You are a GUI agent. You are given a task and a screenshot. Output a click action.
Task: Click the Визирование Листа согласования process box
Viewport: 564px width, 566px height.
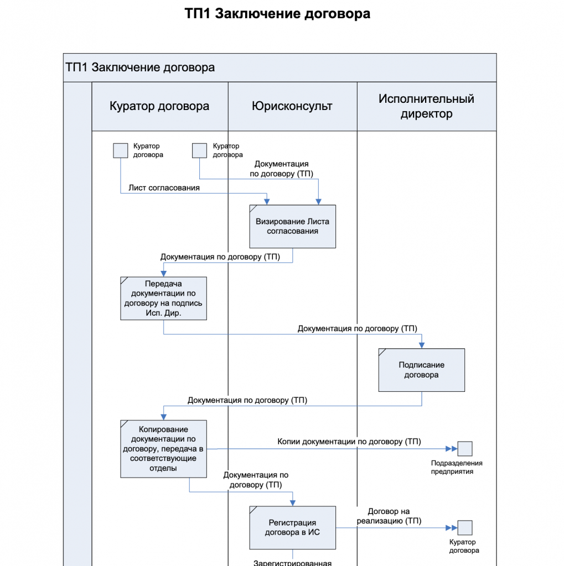(292, 226)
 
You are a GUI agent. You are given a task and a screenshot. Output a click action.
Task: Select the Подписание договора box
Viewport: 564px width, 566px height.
(421, 370)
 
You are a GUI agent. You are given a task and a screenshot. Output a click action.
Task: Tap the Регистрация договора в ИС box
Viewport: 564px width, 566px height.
(292, 527)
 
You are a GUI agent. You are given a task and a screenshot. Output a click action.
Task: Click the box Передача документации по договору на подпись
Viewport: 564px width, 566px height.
(163, 298)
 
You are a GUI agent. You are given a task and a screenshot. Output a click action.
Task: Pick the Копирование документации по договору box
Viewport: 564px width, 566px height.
(163, 448)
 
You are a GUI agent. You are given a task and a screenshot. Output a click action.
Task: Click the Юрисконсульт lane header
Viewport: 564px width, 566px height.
(292, 106)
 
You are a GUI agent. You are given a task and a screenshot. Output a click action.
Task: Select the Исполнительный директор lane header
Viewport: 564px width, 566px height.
(426, 106)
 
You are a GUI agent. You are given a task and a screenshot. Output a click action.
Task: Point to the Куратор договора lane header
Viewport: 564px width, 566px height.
(159, 106)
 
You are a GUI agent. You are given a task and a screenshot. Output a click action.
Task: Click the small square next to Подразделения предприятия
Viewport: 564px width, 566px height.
(465, 448)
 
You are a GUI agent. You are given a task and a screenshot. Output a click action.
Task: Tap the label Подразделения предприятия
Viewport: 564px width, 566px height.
(457, 467)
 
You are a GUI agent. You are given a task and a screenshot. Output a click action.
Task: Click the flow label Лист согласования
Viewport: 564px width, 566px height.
(164, 188)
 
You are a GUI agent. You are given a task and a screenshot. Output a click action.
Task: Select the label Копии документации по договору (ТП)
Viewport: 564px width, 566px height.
(349, 442)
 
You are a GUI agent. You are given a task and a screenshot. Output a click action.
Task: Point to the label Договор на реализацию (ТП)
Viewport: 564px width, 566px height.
(389, 516)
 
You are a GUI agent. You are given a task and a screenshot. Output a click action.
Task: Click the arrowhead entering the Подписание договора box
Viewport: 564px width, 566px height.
(422, 345)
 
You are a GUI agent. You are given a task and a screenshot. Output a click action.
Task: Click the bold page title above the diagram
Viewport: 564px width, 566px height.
(277, 14)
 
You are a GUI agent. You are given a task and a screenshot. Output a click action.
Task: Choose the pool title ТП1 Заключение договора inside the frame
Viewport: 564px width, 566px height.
(140, 68)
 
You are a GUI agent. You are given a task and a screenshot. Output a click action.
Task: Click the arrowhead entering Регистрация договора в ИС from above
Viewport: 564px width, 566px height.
(292, 502)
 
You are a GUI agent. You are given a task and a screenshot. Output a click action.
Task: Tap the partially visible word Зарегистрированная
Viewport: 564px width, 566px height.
(292, 563)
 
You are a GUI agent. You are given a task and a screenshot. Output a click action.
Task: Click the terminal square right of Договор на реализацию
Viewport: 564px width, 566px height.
(465, 528)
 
